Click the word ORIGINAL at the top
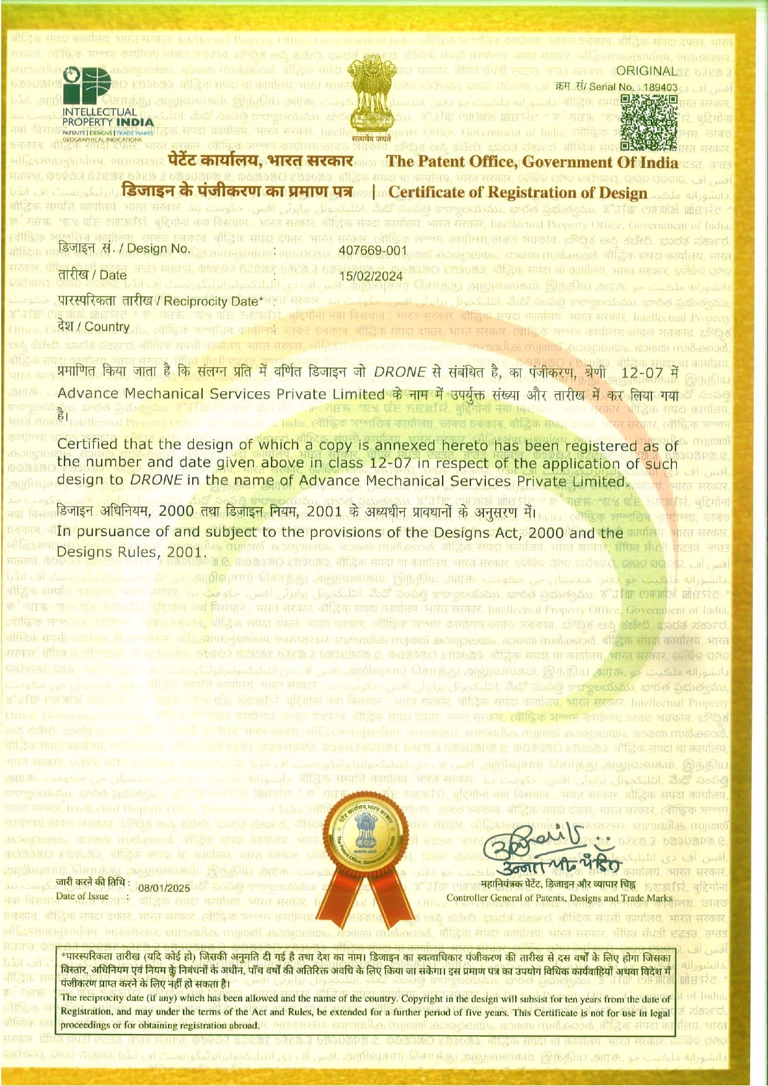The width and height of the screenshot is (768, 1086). [647, 71]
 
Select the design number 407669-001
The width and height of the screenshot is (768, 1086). [373, 250]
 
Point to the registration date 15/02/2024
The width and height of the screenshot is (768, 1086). [371, 276]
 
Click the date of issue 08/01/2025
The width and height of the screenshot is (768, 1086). [164, 888]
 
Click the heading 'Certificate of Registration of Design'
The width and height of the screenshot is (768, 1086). [518, 192]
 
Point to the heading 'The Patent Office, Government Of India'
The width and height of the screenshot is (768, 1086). [532, 162]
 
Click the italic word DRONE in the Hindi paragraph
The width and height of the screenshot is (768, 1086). [400, 373]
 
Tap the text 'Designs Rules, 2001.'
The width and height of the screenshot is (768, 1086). [130, 552]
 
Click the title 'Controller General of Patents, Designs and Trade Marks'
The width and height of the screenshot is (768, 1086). [559, 898]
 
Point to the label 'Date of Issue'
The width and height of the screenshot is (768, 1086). [82, 896]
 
